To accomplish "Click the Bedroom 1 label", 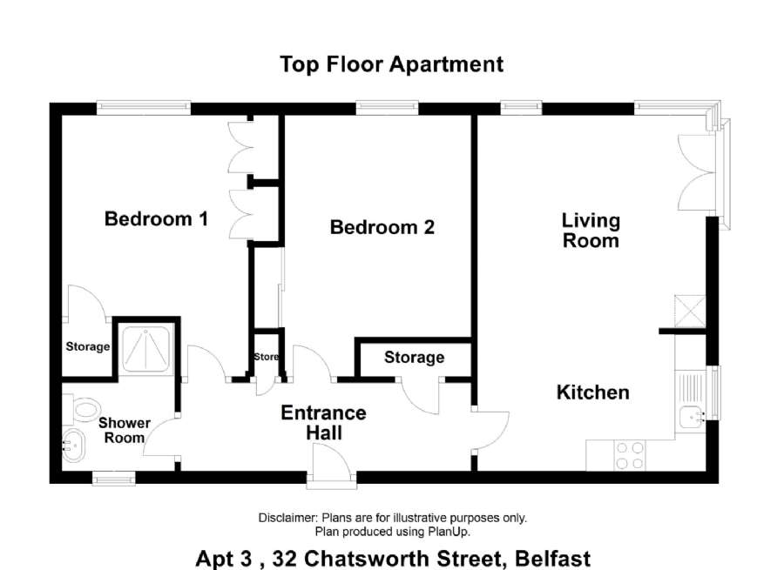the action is pos(156,218).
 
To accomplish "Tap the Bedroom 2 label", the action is pos(382,227).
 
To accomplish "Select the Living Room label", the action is pos(591,231).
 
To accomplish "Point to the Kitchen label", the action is pos(593,392).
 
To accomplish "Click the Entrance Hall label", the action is pos(323,423).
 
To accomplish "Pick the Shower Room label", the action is pos(124,430).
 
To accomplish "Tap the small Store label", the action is pos(266,357).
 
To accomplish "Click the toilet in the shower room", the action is pos(82,409).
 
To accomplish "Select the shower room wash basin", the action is pos(73,445).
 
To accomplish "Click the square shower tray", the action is pos(146,349).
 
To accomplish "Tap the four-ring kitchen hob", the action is pos(630,456).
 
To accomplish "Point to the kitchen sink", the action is pos(693,417).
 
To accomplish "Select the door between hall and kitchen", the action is pos(490,430).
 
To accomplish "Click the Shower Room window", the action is pos(114,479).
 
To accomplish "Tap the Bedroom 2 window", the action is pos(387,107).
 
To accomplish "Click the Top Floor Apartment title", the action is pos(391,64).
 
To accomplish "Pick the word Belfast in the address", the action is pos(553,559).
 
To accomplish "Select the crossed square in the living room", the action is pos(690,312).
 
